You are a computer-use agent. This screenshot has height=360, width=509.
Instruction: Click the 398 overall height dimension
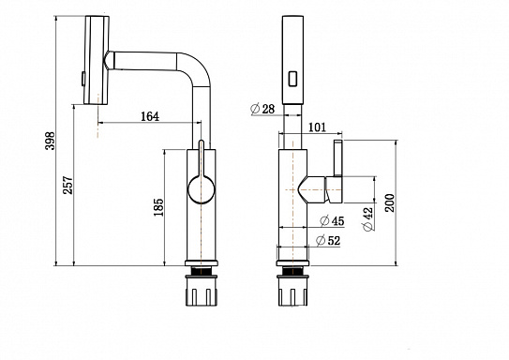coord(51,141)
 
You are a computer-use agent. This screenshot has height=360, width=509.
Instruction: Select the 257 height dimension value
coord(68,186)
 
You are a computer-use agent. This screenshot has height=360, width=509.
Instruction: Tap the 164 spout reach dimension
coord(150,116)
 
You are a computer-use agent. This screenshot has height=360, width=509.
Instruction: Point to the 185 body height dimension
coord(158,207)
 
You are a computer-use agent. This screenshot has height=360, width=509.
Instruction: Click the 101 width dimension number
coord(317,127)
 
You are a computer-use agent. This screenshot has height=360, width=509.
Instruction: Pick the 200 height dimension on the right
coord(390,202)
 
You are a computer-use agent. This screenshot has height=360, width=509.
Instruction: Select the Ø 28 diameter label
coord(263,109)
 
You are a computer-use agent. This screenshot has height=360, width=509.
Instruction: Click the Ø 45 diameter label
coord(332,220)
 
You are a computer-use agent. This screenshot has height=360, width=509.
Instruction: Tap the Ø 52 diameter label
coord(328,241)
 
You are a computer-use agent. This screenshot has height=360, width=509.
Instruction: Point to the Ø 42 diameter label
coord(368,219)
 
